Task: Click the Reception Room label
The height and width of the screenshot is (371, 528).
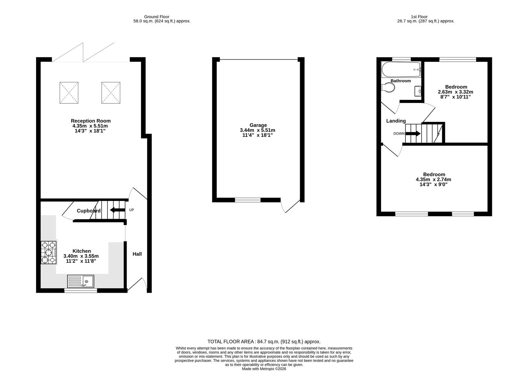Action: [91, 121]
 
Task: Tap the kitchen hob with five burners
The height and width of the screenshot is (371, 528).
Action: [48, 252]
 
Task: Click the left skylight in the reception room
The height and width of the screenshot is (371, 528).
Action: [69, 93]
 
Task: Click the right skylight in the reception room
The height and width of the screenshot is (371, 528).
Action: [111, 93]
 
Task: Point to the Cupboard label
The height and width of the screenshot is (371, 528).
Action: [89, 211]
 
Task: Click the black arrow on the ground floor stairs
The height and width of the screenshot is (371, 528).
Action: [117, 210]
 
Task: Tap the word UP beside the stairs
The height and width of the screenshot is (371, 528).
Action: [131, 210]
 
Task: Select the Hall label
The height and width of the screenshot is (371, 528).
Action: [137, 254]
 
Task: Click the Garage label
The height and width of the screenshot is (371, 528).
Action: [258, 125]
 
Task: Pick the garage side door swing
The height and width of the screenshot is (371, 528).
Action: [289, 206]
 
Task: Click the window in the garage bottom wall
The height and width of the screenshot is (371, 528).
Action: [248, 200]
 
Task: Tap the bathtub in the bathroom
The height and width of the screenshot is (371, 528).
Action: [401, 70]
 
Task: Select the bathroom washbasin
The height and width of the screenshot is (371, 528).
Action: [418, 91]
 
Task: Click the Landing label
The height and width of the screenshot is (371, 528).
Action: [396, 121]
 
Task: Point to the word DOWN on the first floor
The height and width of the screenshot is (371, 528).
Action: [399, 134]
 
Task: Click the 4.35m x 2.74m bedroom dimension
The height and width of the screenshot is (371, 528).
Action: [433, 180]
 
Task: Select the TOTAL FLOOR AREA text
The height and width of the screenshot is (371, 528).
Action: [264, 341]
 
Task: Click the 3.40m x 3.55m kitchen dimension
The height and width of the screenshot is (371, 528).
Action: [81, 256]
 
